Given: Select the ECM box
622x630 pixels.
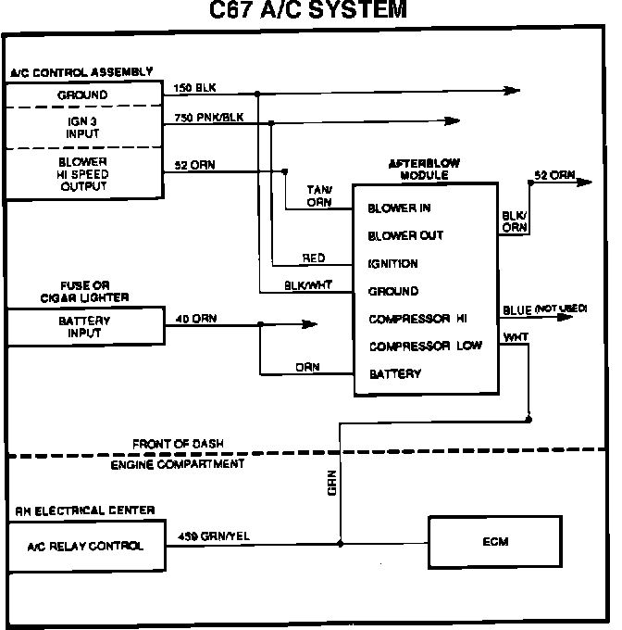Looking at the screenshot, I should click(495, 542).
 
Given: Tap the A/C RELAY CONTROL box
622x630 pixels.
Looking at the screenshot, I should click(85, 546).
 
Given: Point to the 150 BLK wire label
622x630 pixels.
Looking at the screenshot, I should click(193, 88).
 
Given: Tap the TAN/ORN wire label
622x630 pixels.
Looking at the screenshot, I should click(318, 195).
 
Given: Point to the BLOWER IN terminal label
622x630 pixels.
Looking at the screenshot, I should click(399, 208).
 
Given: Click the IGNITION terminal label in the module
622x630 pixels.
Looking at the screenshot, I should click(392, 263).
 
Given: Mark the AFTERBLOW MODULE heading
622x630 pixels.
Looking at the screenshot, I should click(424, 169).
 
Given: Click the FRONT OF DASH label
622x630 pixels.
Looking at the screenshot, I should click(178, 444).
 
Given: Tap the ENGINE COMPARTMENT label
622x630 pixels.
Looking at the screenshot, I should click(178, 462).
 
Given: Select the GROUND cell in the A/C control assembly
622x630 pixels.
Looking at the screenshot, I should click(84, 95).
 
